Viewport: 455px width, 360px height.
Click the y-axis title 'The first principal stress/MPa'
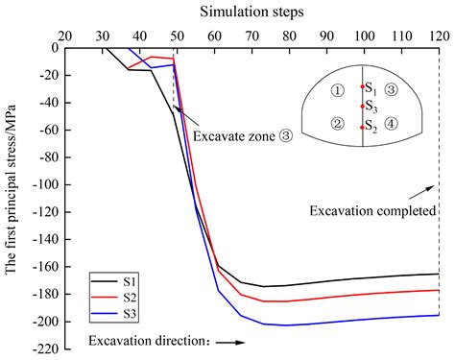(x=12, y=182)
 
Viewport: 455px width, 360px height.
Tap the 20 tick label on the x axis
(x=64, y=35)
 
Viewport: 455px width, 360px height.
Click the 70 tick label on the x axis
(x=251, y=35)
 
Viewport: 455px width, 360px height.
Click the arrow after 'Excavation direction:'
(x=223, y=341)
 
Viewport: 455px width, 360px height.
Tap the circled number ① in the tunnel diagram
(x=335, y=91)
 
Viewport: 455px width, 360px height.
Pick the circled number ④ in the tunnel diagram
(x=390, y=124)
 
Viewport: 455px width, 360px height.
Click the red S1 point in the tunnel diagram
(x=362, y=86)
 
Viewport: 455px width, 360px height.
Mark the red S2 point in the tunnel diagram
(x=362, y=127)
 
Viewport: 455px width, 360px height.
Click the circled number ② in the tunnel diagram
(x=335, y=124)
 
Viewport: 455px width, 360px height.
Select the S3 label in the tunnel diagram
(x=371, y=108)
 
